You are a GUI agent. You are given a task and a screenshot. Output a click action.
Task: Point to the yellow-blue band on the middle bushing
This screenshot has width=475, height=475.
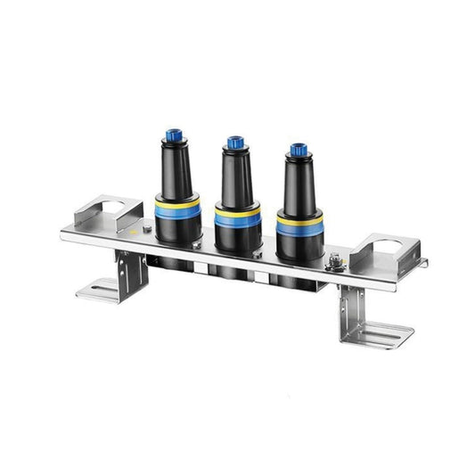(236, 217)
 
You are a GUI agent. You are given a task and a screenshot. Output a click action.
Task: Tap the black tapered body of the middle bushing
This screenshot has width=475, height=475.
(235, 180)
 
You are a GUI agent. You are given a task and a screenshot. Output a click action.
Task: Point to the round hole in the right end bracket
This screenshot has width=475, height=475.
(382, 244)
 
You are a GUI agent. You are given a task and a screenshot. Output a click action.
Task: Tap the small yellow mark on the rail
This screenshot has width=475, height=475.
(134, 229)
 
